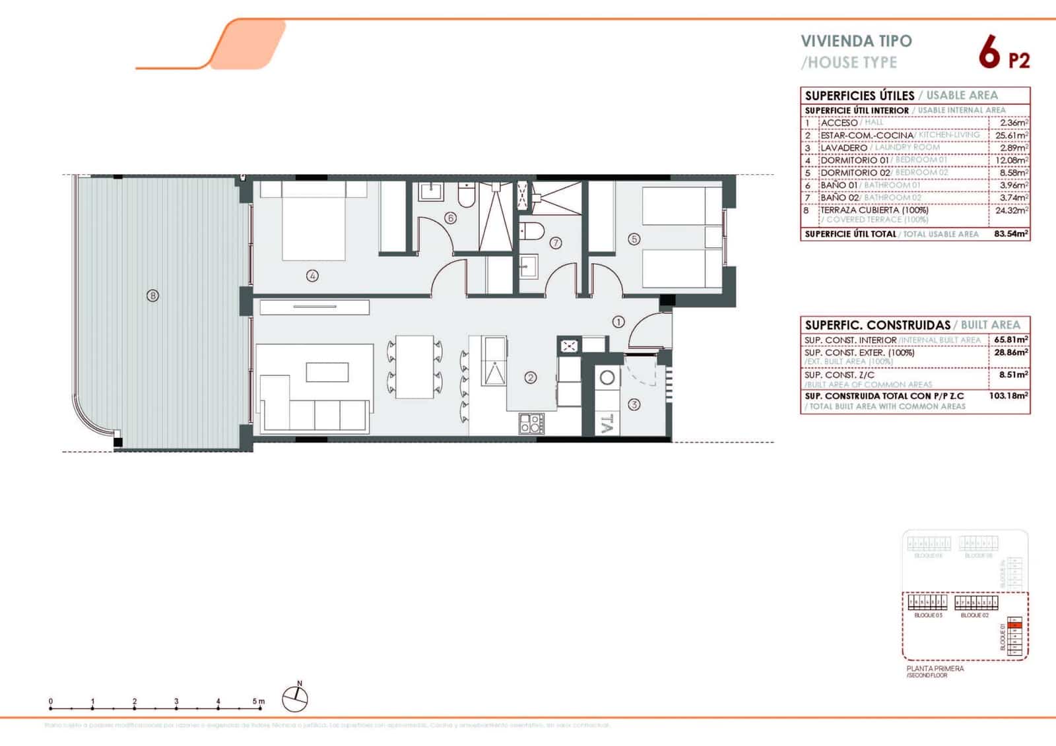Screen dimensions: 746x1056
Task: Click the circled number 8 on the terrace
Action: (x=153, y=296)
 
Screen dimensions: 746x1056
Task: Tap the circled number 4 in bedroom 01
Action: (x=313, y=276)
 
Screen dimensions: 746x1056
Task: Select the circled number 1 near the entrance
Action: (x=618, y=322)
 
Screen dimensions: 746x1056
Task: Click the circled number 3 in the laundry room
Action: (x=634, y=404)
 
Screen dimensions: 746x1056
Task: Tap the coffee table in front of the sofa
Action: (x=327, y=372)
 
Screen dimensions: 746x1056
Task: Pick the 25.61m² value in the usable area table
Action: (x=1011, y=135)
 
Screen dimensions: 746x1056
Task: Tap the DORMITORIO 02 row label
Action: (x=855, y=173)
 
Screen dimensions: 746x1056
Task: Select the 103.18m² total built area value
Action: (x=1008, y=396)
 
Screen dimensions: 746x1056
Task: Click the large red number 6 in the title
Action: (x=989, y=54)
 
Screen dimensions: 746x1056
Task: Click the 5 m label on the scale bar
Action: (x=258, y=701)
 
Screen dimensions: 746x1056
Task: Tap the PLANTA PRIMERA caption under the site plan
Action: (x=935, y=669)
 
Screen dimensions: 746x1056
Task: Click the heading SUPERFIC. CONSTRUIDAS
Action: (x=877, y=325)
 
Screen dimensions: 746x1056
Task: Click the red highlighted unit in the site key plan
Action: (x=1016, y=625)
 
